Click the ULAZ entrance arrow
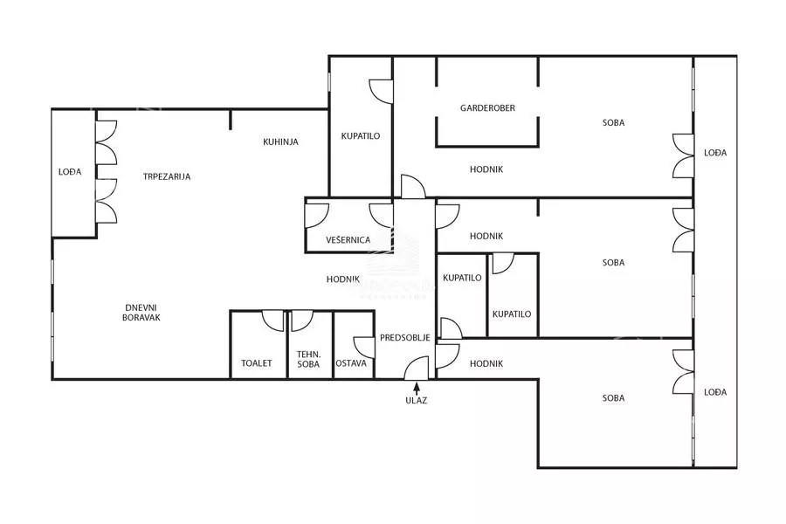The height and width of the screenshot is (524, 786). click(x=416, y=388)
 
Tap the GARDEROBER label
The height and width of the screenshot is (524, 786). click(x=487, y=107)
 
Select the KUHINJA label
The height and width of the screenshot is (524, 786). click(x=280, y=141)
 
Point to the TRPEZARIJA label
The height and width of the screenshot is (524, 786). click(x=167, y=176)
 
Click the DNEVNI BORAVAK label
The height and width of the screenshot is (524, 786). click(x=141, y=313)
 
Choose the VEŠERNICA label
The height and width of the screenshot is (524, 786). click(x=348, y=240)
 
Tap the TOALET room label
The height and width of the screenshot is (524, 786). click(x=257, y=363)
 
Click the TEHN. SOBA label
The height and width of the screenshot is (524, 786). click(x=308, y=360)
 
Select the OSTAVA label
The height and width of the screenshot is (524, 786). click(x=351, y=363)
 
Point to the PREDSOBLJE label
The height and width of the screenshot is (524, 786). click(x=405, y=338)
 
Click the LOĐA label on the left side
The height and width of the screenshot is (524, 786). click(x=70, y=172)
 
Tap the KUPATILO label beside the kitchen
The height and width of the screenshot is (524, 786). click(x=361, y=136)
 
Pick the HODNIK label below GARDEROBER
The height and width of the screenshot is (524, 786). click(x=486, y=169)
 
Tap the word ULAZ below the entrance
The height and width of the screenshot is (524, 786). click(x=416, y=401)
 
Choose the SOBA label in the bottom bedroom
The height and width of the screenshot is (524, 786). click(x=614, y=398)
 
